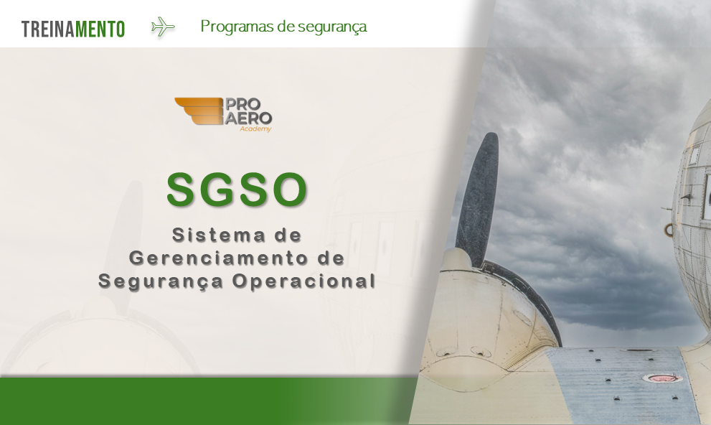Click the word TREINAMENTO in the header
73,29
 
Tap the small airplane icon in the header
163,27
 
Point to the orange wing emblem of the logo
197,111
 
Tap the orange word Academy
255,129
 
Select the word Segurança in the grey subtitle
160,281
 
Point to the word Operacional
303,281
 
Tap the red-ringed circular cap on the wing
661,377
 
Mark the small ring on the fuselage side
670,229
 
